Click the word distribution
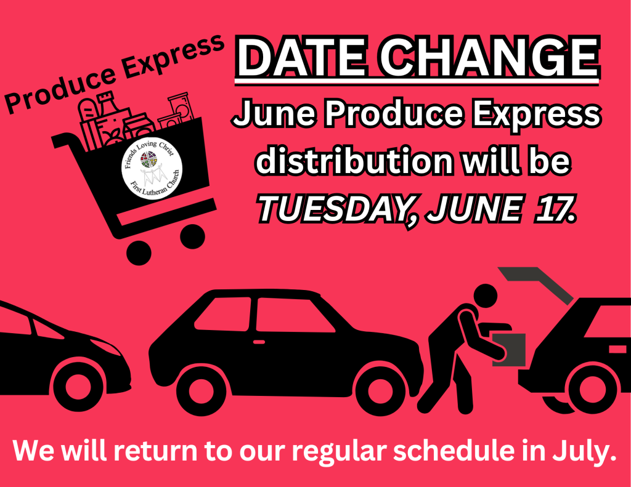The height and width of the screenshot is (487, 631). (355, 161)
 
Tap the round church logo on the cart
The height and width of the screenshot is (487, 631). (152, 169)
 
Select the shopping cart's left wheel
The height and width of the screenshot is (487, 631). (139, 253)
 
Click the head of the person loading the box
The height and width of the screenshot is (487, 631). (486, 296)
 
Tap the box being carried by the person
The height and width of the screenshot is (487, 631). (509, 350)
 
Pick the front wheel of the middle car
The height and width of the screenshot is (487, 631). (380, 390)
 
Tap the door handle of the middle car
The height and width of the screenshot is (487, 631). (259, 342)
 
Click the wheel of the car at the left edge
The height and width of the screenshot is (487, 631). (78, 387)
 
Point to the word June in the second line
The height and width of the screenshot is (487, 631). (274, 114)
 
